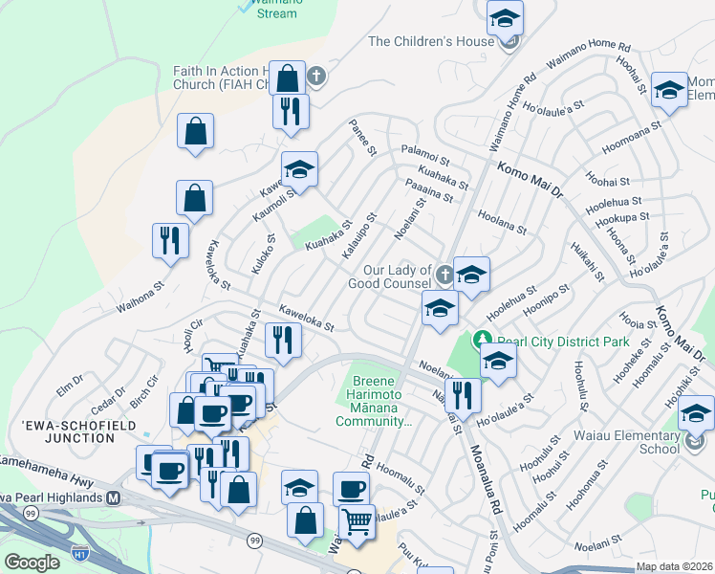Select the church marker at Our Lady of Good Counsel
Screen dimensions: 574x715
(444, 276)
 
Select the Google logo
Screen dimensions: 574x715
(32, 563)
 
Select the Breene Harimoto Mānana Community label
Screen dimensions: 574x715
(374, 401)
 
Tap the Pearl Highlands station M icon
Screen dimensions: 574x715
(114, 497)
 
